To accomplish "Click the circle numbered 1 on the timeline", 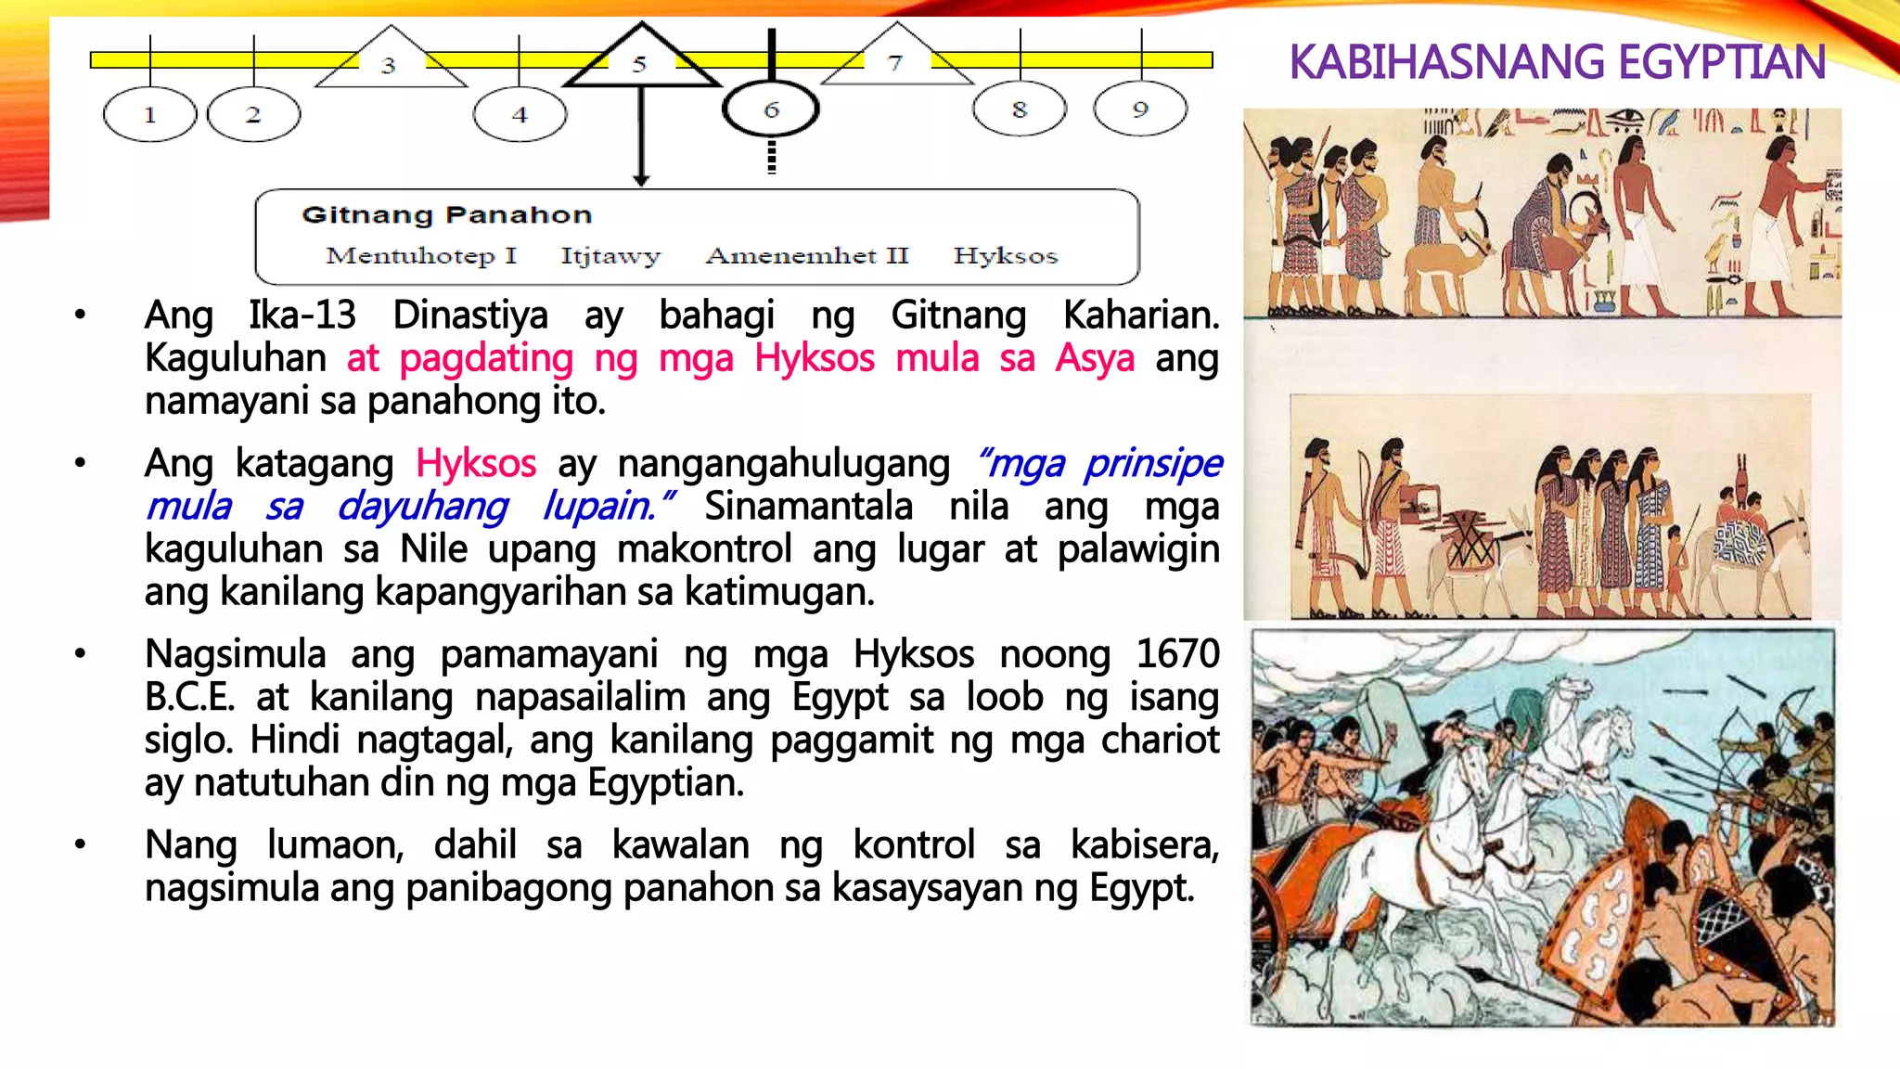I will [x=149, y=115].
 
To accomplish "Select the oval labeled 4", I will [x=520, y=115].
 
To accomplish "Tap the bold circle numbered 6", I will [x=771, y=110].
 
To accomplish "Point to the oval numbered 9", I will [x=1140, y=109].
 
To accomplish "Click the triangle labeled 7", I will [x=895, y=60].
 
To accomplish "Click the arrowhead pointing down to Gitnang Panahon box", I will [x=641, y=179].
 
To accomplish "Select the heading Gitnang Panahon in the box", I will [x=446, y=215].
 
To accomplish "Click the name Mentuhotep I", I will [x=421, y=255].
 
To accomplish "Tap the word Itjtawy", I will [x=610, y=255].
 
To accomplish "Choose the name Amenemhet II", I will [x=807, y=255].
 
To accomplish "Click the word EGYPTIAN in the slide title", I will [x=1722, y=63].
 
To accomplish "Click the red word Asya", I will [x=1095, y=358].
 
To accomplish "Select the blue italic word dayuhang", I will [x=423, y=507].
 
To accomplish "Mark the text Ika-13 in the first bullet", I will [x=302, y=316].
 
